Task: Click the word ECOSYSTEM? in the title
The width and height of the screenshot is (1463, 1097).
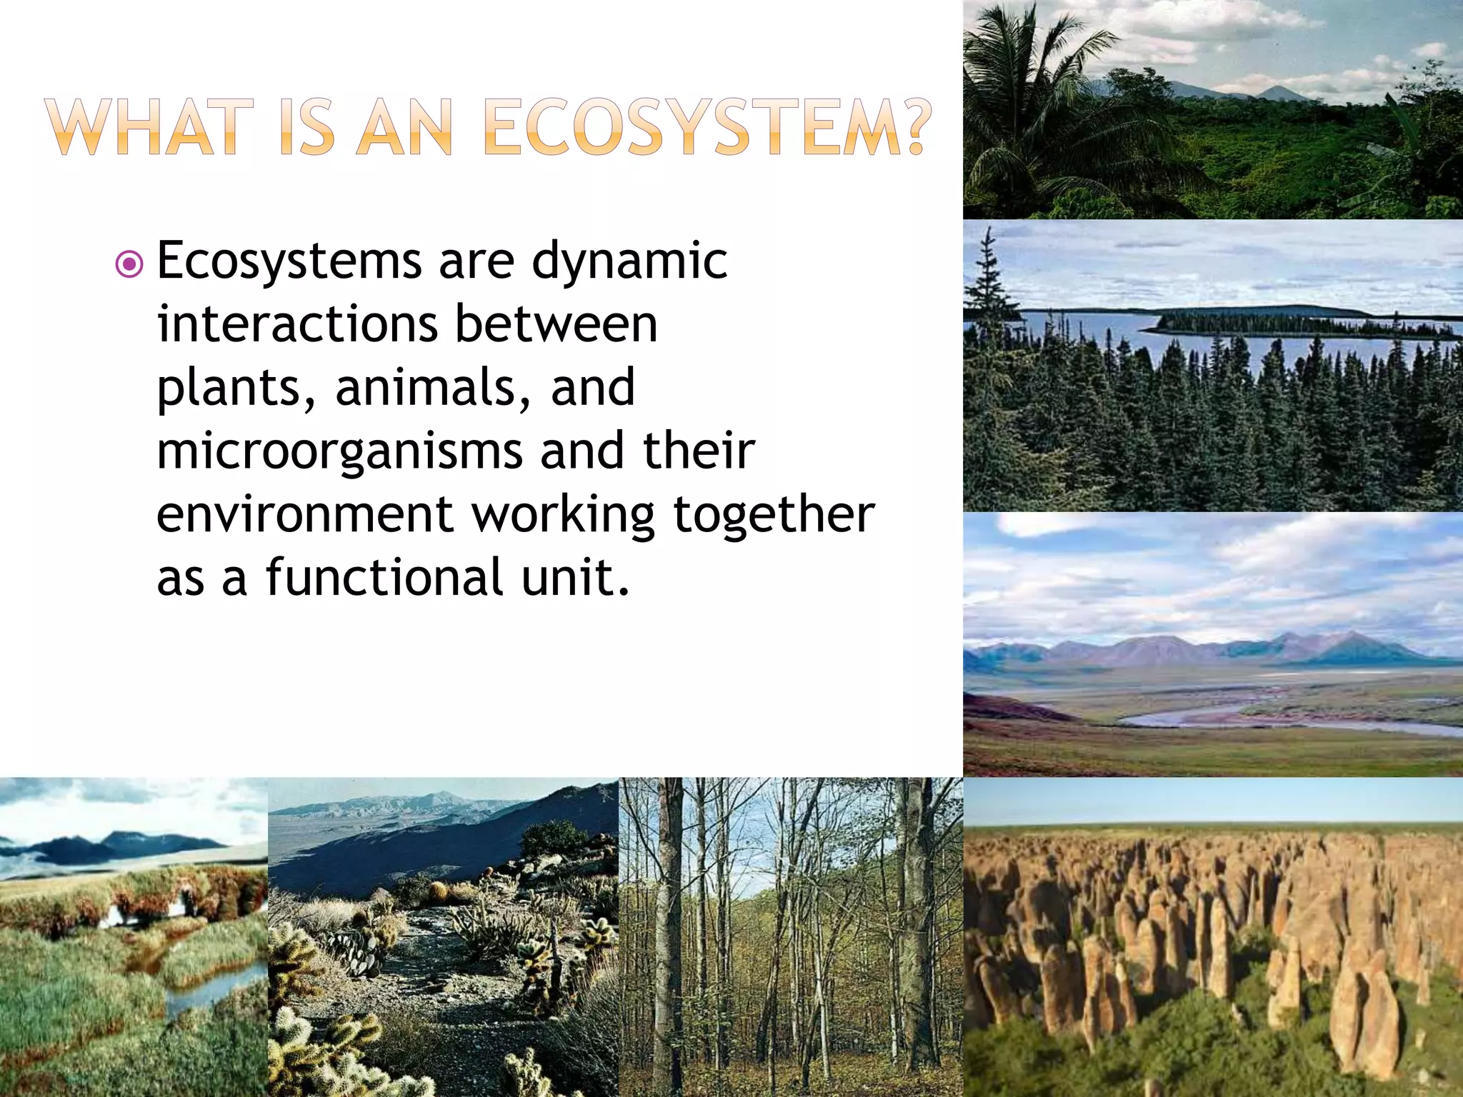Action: [x=707, y=129]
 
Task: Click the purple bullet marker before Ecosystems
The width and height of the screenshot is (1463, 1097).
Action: [x=129, y=265]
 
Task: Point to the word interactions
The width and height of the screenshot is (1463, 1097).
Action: [x=296, y=324]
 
